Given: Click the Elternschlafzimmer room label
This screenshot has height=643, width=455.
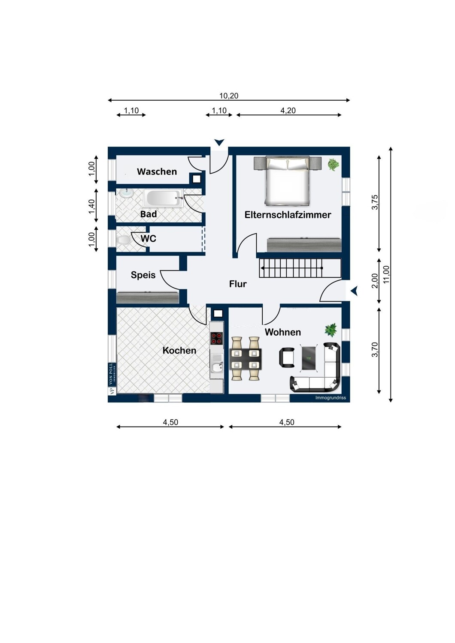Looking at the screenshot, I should point(288,215).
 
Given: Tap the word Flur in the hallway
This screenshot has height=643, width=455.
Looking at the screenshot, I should point(238,284).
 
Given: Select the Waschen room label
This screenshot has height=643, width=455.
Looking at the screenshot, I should point(157,171).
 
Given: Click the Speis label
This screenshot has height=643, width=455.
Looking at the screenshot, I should point(143,275).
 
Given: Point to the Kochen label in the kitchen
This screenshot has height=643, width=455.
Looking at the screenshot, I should point(179,350).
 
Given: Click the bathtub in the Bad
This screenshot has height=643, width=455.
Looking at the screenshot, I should point(164,198).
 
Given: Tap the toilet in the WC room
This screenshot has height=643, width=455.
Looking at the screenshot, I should point(124,240).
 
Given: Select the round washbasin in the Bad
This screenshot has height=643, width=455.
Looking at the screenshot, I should point(126,193).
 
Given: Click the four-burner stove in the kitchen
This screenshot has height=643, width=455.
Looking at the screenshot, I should point(217,339).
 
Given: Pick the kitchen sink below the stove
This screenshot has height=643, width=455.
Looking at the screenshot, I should point(217,367).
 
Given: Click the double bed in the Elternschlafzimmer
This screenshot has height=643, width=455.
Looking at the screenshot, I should point(287,180).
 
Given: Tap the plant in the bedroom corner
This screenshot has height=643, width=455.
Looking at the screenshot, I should point(333,164).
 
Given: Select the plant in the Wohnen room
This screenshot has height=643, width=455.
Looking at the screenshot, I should point(331,330).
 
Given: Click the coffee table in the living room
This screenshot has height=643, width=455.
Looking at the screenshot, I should point(308,358).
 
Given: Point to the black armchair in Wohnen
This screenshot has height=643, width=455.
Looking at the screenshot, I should point(287,358).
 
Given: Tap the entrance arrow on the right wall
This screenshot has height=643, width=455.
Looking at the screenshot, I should point(354,291).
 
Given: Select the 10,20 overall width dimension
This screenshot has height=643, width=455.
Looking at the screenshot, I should point(229,96).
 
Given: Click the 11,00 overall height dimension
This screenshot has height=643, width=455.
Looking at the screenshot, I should point(386,274).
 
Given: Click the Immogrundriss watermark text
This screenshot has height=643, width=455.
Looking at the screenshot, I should point(330,398).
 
